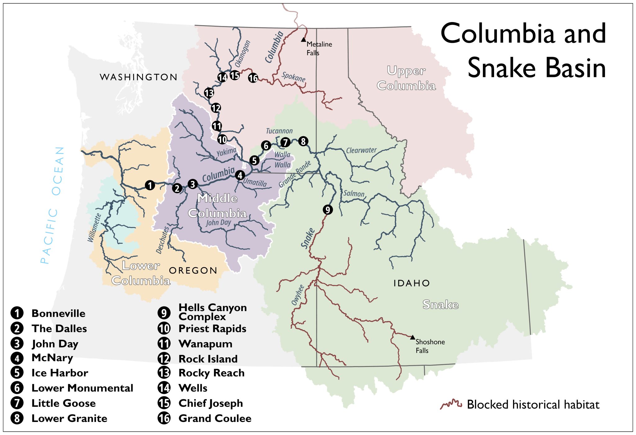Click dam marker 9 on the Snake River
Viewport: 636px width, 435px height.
click(x=328, y=210)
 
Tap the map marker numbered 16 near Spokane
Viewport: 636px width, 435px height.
click(x=253, y=78)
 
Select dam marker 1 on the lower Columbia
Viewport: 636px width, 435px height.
click(x=150, y=185)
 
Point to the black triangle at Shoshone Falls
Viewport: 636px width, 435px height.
click(x=412, y=337)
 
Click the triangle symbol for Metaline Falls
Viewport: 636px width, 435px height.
click(x=303, y=40)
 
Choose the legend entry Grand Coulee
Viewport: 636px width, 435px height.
click(x=215, y=418)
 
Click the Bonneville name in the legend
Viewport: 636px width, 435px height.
click(x=58, y=313)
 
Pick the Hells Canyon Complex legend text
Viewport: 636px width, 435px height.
click(x=212, y=312)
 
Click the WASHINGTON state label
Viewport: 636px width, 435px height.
click(x=139, y=77)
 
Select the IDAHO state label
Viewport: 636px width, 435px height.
click(x=411, y=283)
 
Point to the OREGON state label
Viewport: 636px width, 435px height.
click(x=193, y=270)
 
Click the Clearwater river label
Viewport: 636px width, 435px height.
click(x=361, y=150)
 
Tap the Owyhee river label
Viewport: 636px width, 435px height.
click(x=298, y=295)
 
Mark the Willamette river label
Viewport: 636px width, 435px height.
click(x=94, y=228)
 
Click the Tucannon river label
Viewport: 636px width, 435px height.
click(x=279, y=131)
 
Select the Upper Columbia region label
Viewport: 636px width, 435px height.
click(x=406, y=78)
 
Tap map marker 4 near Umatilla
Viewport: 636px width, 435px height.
click(x=240, y=175)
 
